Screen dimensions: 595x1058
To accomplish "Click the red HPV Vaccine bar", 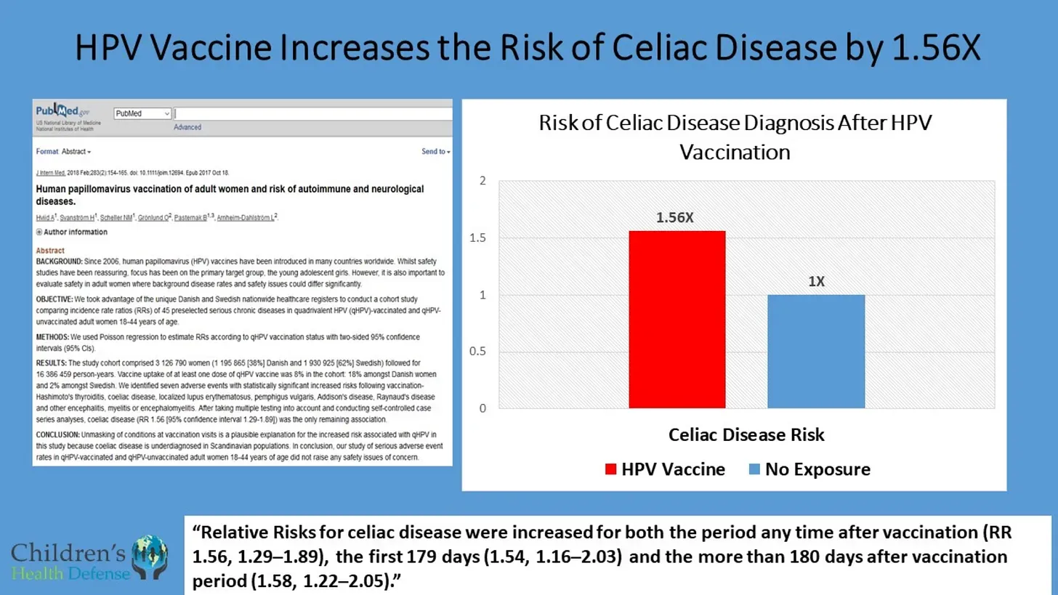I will tap(677, 320).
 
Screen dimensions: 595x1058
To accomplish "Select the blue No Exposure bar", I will tap(816, 351).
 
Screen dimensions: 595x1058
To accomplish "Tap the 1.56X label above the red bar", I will tap(677, 217).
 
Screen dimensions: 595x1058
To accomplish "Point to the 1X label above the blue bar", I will tap(816, 281).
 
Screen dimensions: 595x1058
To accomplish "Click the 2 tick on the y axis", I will tap(482, 181).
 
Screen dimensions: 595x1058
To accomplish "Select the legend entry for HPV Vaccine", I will tap(665, 469).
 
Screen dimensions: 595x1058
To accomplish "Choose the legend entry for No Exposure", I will tap(809, 469).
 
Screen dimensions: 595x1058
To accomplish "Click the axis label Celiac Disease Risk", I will tap(746, 435).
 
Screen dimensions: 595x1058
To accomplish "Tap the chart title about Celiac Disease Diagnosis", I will tap(735, 137).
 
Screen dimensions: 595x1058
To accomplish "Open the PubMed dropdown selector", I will tap(142, 114).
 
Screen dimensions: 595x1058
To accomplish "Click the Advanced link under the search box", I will tap(187, 127).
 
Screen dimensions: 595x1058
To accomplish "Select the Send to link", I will tap(435, 152).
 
